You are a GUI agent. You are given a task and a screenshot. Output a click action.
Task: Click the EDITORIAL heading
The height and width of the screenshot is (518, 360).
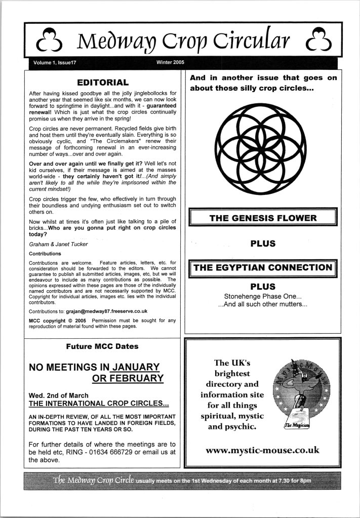[x=102, y=82]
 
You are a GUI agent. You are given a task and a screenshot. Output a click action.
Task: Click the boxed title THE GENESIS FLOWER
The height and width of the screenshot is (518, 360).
[x=263, y=219]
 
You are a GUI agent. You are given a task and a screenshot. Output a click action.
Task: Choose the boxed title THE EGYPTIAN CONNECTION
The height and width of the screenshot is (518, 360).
[x=263, y=268]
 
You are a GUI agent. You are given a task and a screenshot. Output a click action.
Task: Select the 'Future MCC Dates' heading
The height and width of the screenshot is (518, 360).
[x=103, y=347]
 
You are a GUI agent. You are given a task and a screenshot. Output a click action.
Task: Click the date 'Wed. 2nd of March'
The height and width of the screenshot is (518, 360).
[x=58, y=395]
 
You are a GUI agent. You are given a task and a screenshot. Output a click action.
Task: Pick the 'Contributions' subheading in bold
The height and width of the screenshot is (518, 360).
[x=45, y=253]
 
